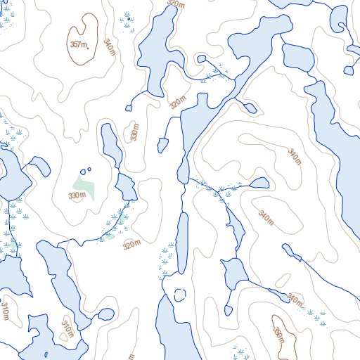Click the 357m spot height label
(79, 45)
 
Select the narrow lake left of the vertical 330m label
(110, 143)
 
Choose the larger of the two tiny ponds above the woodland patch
(89, 169)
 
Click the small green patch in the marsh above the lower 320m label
(109, 236)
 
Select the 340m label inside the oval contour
(293, 156)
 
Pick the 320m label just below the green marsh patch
(131, 245)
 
